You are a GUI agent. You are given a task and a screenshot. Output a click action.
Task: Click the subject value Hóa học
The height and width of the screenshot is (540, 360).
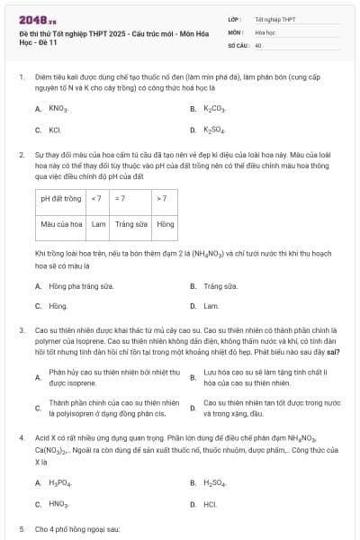point(265,31)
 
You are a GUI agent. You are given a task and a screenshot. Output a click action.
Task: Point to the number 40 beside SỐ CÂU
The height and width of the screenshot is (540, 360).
point(258,44)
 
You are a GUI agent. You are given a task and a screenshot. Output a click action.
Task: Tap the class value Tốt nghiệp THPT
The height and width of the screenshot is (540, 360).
point(275,18)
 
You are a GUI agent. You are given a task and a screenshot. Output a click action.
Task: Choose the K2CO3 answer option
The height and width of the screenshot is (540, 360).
point(213,109)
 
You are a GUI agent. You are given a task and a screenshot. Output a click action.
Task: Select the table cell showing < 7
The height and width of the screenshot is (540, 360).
point(98,198)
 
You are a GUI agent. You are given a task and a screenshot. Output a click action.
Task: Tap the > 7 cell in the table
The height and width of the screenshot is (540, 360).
point(162,198)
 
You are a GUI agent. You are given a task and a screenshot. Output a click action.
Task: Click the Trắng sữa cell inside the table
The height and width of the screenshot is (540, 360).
point(130,223)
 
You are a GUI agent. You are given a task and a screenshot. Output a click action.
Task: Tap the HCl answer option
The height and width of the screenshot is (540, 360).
point(211,504)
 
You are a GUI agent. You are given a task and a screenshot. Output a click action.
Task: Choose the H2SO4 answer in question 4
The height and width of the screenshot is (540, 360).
point(214,483)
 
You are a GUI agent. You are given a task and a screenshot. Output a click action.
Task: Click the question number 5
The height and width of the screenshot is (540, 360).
point(22,529)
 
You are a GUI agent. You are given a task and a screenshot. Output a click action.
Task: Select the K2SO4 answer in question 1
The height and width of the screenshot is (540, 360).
point(213,130)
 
